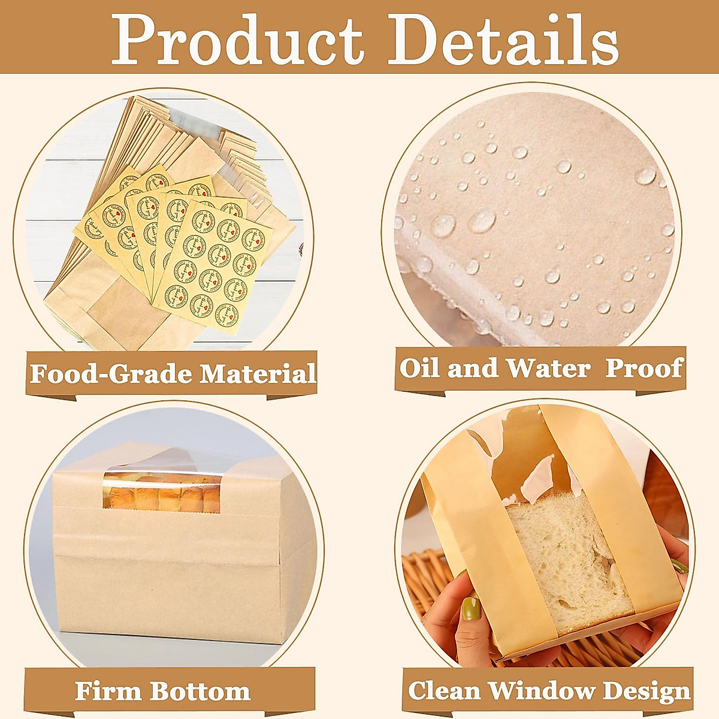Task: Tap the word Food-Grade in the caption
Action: [111, 374]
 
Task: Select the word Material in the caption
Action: [258, 374]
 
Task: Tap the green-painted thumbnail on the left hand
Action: [471, 609]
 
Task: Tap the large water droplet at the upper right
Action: [645, 176]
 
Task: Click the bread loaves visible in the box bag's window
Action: [162, 496]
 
